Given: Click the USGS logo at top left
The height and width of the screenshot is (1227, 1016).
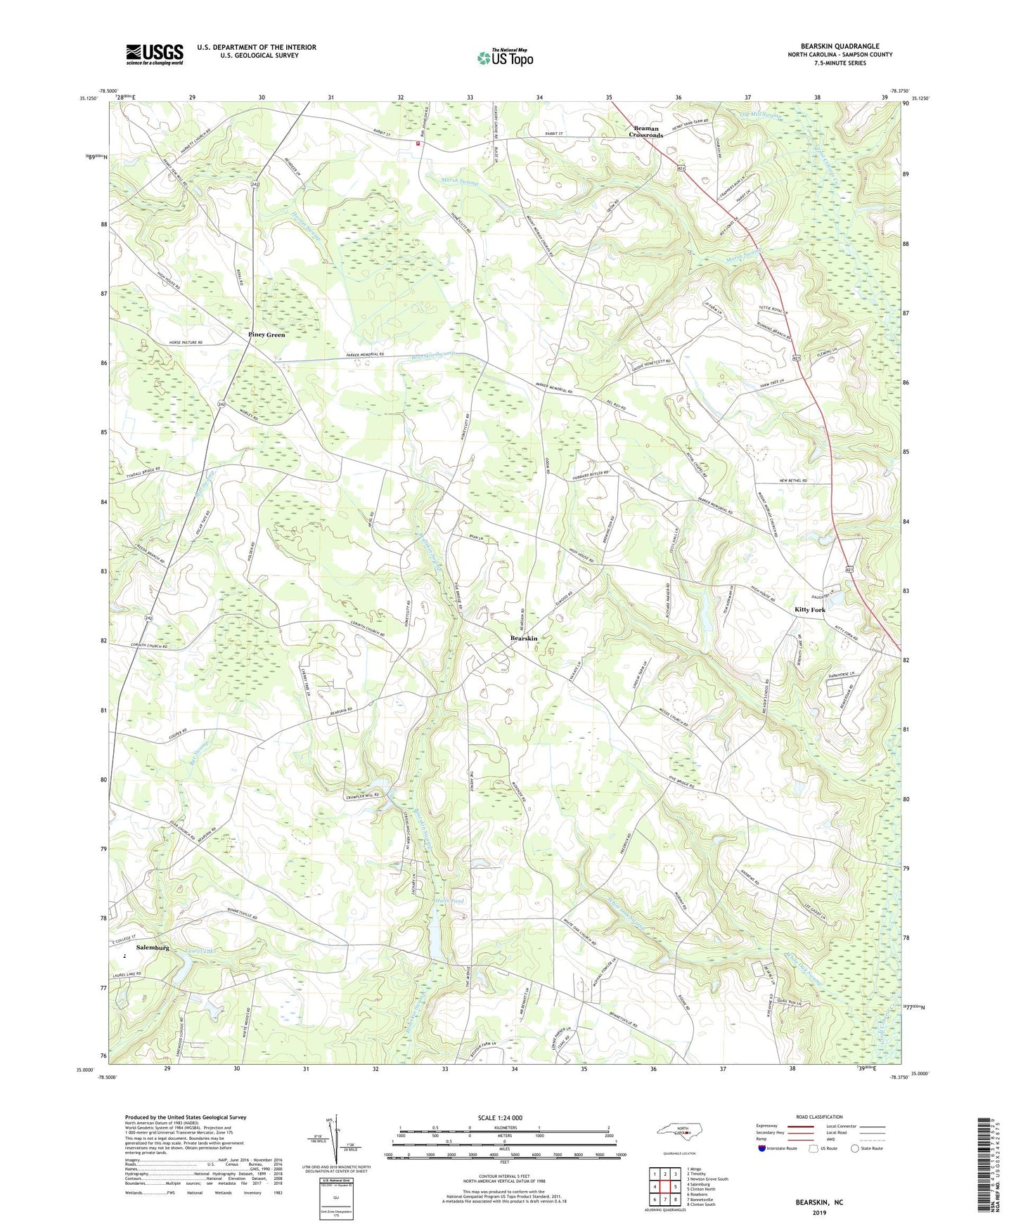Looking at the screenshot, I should pos(154,54).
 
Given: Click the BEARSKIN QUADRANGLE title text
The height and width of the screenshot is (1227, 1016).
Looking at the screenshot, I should pos(840,46).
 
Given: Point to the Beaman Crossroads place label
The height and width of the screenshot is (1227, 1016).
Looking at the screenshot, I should pos(646,131).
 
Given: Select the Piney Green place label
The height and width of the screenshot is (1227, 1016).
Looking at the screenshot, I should pos(266,335).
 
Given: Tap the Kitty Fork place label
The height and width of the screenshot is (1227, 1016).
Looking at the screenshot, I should pos(809,609).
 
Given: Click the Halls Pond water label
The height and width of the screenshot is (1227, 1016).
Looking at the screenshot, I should pos(449,901).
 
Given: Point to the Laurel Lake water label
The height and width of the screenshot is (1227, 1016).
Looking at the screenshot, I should pos(202,951).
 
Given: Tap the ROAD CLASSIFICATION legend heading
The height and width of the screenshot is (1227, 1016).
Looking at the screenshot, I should pos(820,1117).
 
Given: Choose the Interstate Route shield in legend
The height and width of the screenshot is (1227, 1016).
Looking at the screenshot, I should pos(761,1148).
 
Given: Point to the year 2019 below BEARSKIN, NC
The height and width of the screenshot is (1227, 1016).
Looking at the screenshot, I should pos(819,1212).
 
